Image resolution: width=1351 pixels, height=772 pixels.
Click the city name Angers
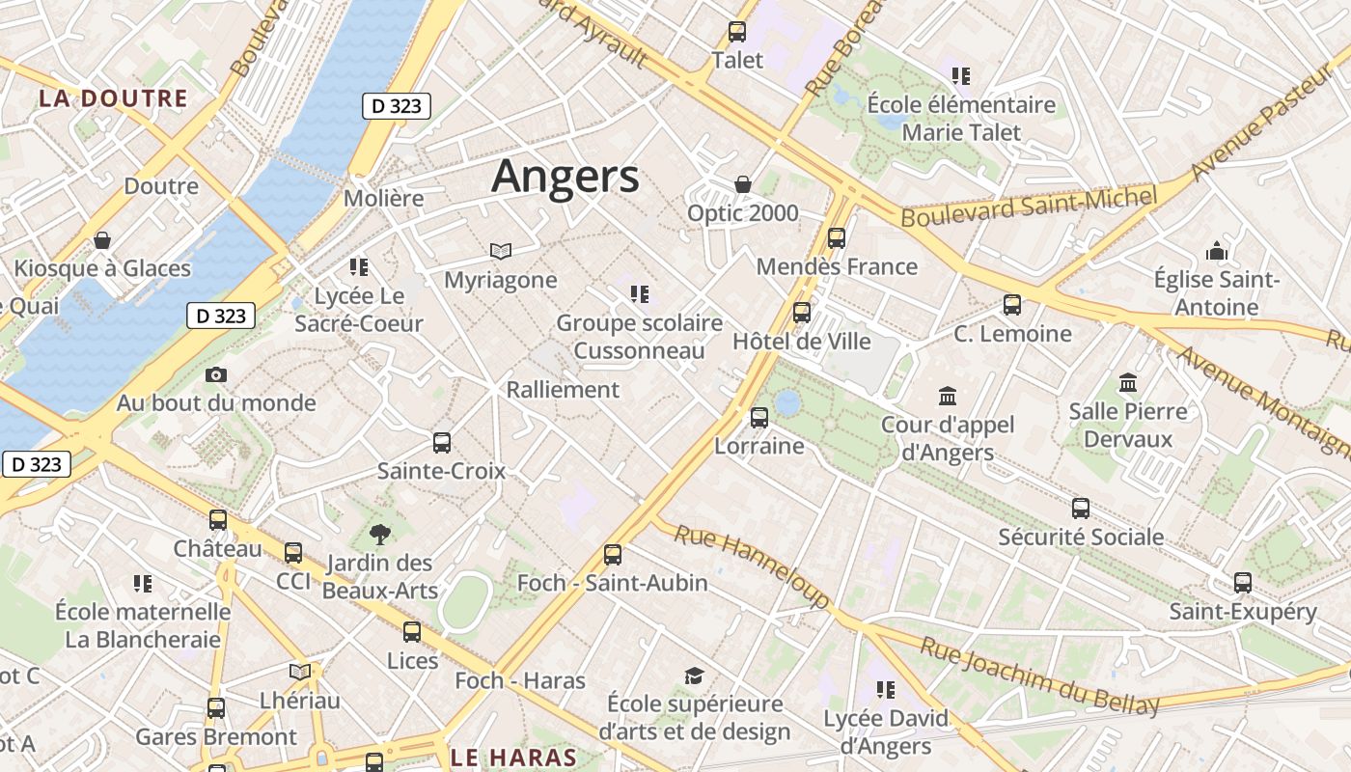(x=565, y=177)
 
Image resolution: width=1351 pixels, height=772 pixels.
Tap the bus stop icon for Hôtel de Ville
(x=802, y=313)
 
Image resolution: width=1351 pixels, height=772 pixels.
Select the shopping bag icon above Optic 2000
(x=743, y=184)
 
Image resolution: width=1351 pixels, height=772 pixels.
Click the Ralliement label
(x=563, y=390)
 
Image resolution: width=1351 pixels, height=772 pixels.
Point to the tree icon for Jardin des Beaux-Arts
(x=380, y=534)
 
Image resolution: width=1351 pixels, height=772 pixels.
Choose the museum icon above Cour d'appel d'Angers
(x=948, y=396)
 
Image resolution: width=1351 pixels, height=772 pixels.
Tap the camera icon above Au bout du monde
(x=216, y=374)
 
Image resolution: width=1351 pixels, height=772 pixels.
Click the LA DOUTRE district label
(x=113, y=98)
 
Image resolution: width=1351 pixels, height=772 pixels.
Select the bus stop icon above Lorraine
(x=759, y=418)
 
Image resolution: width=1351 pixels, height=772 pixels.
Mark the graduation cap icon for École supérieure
(x=694, y=675)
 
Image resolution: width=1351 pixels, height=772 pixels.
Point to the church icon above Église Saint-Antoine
(x=1217, y=252)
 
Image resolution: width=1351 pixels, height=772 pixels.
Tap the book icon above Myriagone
(x=500, y=252)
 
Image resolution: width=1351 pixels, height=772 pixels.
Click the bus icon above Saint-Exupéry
(x=1243, y=583)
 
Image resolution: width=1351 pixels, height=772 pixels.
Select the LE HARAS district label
(x=513, y=758)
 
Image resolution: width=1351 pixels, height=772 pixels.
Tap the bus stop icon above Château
(x=218, y=520)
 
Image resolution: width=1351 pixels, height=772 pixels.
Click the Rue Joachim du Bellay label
(x=1038, y=676)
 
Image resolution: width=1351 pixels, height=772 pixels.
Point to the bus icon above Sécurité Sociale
(x=1081, y=509)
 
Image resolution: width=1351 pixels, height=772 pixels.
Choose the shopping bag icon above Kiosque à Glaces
(x=102, y=240)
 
